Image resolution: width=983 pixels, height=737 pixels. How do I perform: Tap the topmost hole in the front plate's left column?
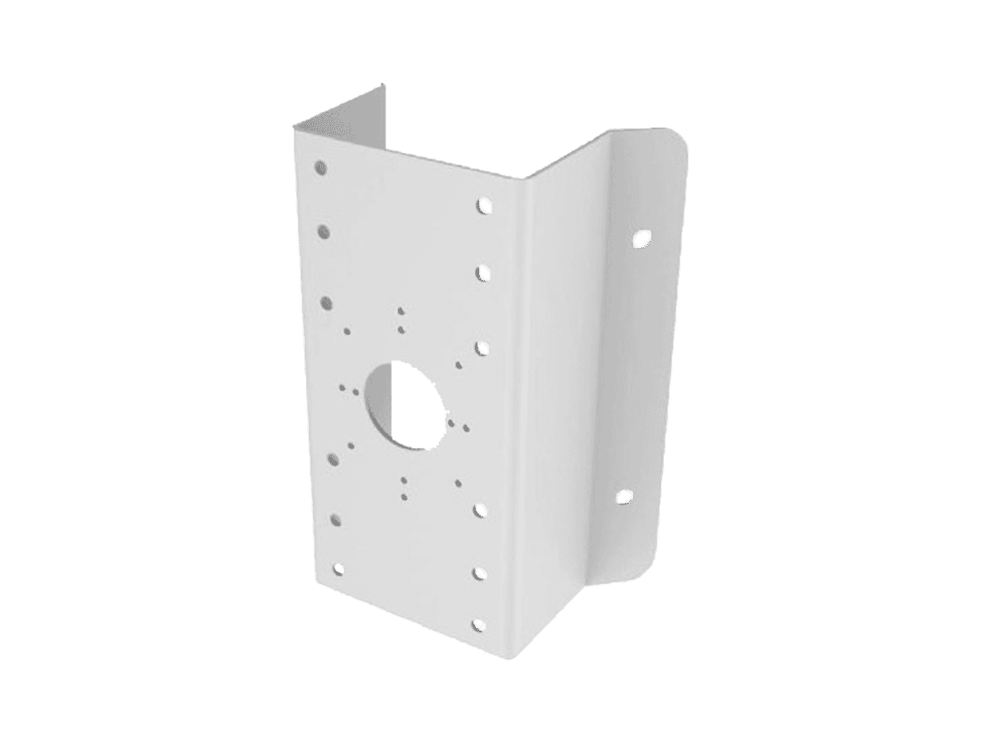pos(321,168)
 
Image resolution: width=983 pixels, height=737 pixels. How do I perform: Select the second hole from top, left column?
pos(325,233)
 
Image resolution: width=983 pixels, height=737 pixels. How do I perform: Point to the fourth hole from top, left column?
pos(333,457)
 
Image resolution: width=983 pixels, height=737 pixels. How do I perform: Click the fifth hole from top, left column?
pos(336,518)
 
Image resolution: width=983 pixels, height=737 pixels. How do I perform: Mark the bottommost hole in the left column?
pos(338,568)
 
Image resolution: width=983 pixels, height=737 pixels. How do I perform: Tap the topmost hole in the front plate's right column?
pos(483,204)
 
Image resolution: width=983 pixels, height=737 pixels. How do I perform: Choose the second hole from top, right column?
pos(483,271)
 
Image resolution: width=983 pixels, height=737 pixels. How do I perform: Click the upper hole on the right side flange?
pos(641,239)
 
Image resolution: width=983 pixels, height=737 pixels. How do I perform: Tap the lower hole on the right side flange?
pos(623,496)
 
